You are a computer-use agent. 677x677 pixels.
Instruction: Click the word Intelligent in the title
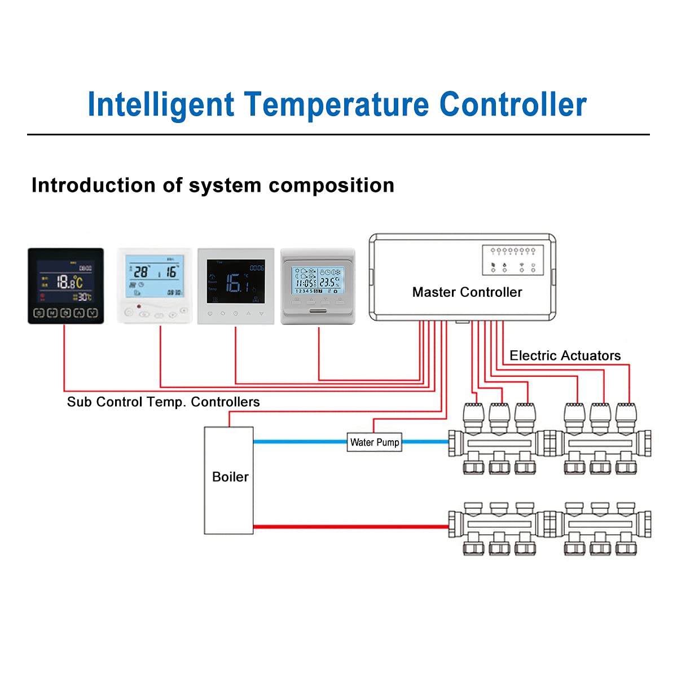[x=161, y=105]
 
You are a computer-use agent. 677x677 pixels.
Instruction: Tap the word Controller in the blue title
[x=513, y=105]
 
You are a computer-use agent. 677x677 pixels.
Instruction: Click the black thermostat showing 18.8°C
[x=66, y=286]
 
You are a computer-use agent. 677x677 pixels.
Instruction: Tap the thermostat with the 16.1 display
[x=236, y=286]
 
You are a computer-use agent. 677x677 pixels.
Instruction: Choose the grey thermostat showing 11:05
[x=318, y=286]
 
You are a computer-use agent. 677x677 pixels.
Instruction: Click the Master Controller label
[x=467, y=292]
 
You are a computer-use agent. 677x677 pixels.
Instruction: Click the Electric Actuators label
[x=565, y=355]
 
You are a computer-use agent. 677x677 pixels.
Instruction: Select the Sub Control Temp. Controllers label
[x=163, y=402]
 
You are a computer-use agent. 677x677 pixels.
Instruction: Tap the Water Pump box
[x=375, y=442]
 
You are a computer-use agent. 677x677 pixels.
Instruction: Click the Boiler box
[x=229, y=480]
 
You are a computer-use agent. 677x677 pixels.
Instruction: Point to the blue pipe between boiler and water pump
[x=300, y=442]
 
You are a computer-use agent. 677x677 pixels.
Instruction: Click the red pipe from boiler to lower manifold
[x=350, y=527]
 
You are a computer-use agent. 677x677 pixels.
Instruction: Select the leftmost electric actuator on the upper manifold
[x=473, y=416]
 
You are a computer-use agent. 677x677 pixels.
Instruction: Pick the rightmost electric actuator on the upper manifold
[x=626, y=416]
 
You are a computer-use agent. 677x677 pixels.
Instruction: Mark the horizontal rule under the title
[x=338, y=135]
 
